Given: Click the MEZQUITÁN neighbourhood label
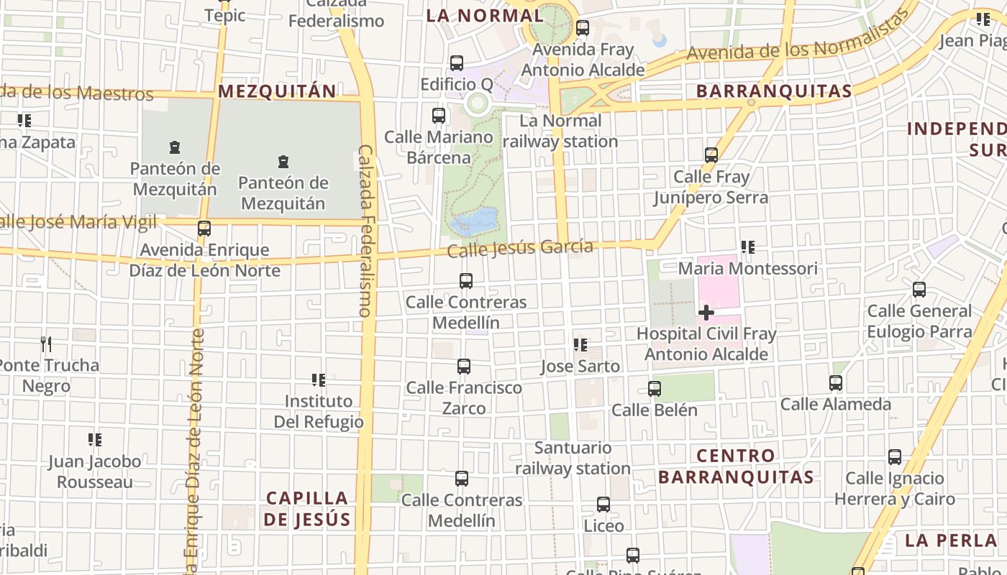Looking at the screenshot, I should coord(277,91).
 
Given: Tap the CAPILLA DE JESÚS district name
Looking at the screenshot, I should coord(307,508).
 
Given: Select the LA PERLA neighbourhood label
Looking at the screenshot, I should coord(950,540).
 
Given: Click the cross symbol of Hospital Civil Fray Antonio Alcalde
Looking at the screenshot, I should coord(706,313).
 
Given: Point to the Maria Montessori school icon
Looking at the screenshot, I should coord(748,248).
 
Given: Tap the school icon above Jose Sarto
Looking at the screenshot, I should coord(580,345).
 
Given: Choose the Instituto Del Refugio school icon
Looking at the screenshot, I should coord(318,379).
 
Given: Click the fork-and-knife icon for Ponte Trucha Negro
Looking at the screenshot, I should coord(46,344).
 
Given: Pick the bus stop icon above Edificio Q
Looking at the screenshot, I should coord(456,63).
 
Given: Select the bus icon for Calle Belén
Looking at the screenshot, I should coord(654,389).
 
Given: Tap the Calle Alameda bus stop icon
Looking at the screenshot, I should coord(836,383).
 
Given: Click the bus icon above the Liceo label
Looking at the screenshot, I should coord(603,505).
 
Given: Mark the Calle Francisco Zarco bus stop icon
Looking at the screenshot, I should coord(464,367).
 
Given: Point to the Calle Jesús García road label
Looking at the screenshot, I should coord(520,249).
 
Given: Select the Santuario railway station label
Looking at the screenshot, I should coord(573,458).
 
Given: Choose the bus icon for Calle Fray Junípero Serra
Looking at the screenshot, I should coord(711,155).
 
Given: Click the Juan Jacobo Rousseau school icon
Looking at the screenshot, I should coord(95,440).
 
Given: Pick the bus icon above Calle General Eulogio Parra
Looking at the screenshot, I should coord(919,290).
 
